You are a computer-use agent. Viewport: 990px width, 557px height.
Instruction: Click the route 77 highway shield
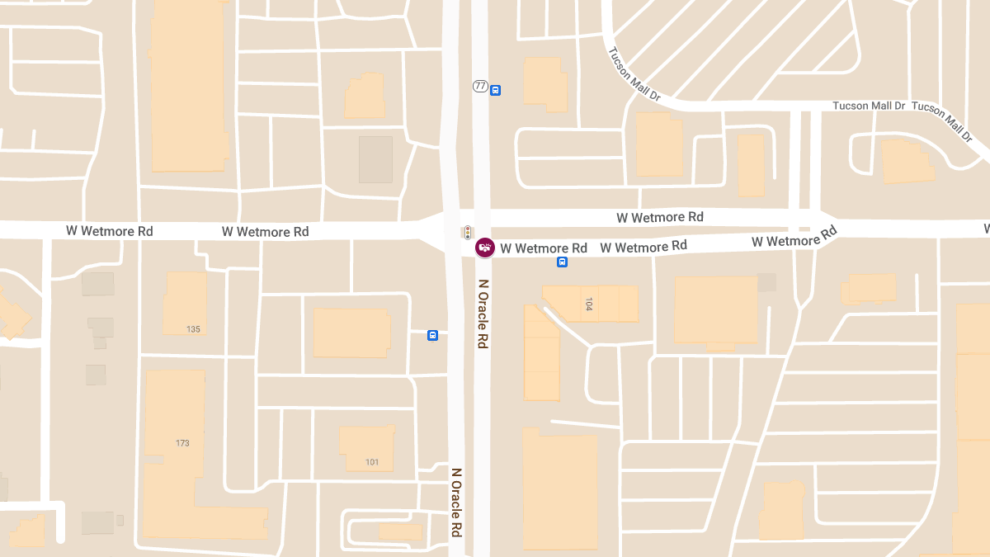pos(480,86)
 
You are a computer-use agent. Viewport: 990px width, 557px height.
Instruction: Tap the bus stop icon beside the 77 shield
pos(495,91)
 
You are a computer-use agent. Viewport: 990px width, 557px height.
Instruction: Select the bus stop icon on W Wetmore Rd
pos(562,262)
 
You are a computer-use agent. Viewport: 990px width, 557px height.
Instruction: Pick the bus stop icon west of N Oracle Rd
pos(432,335)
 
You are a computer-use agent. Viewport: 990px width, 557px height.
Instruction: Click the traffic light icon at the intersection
pos(467,232)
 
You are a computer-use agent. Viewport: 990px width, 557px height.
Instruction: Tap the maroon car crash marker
pos(485,247)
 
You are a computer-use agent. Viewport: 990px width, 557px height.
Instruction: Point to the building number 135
pos(193,329)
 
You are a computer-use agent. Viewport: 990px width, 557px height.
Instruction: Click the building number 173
pos(182,443)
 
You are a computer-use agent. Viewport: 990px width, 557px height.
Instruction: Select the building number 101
pos(372,462)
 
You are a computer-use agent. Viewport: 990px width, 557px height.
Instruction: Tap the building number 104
pos(588,304)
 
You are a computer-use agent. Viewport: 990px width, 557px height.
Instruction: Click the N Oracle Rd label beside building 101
pos(455,503)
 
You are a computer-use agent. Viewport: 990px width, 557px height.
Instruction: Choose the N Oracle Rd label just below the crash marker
pos(483,314)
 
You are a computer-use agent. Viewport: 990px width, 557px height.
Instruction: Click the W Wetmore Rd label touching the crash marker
pos(544,248)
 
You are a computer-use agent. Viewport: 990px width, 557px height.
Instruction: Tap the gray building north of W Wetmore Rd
pos(375,159)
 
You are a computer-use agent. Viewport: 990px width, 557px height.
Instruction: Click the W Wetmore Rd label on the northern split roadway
pos(660,217)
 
